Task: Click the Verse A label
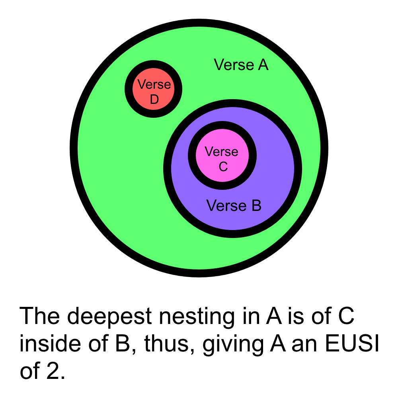(x=241, y=64)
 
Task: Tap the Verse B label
(x=234, y=206)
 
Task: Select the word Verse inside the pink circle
(x=221, y=152)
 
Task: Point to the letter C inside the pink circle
(x=223, y=167)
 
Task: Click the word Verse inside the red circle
(x=154, y=84)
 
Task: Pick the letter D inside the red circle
(x=154, y=100)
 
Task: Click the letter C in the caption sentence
(x=345, y=316)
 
